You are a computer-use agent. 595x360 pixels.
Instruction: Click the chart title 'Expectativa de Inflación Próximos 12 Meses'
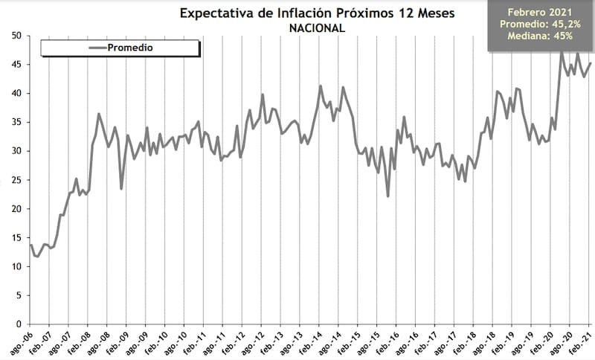316,13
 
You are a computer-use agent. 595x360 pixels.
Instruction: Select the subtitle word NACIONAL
316,28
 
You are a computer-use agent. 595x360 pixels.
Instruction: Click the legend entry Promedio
130,48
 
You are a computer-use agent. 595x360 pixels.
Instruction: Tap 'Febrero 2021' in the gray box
541,13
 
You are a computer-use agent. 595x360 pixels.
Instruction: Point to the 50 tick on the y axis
15,36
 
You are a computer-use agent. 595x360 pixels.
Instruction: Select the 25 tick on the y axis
15,180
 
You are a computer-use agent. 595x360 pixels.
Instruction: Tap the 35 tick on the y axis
15,122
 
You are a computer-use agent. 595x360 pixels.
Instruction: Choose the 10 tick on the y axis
15,266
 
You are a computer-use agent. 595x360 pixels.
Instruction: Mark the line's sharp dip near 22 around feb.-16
388,196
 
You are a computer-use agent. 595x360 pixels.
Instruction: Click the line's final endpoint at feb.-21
591,63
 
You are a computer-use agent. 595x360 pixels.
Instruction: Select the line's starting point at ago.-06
30,245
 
